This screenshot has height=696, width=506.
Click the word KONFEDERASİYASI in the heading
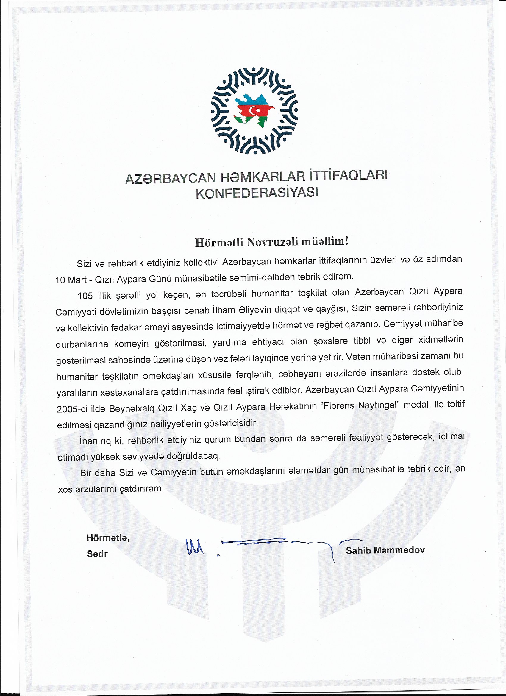[257, 193]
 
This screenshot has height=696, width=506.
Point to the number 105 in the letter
[85, 296]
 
